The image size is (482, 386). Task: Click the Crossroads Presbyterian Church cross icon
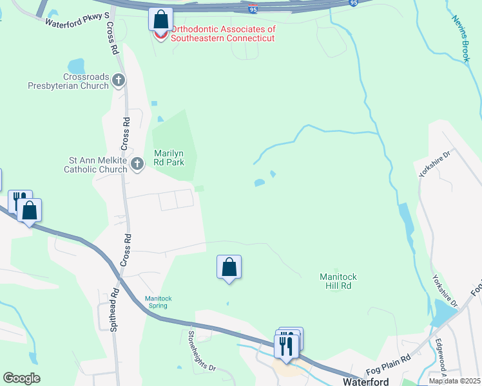coord(118,80)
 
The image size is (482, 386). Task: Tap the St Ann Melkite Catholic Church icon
coord(137,165)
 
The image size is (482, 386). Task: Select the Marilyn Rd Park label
coord(169,158)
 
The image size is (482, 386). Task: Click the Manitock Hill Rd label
coord(338,280)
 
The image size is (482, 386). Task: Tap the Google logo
coord(21,378)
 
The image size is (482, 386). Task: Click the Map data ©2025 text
coord(454,381)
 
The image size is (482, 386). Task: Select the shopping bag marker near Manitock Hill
coord(229,267)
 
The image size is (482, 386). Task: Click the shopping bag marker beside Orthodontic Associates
coord(160,19)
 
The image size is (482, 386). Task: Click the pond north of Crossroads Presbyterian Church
coord(76,66)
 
